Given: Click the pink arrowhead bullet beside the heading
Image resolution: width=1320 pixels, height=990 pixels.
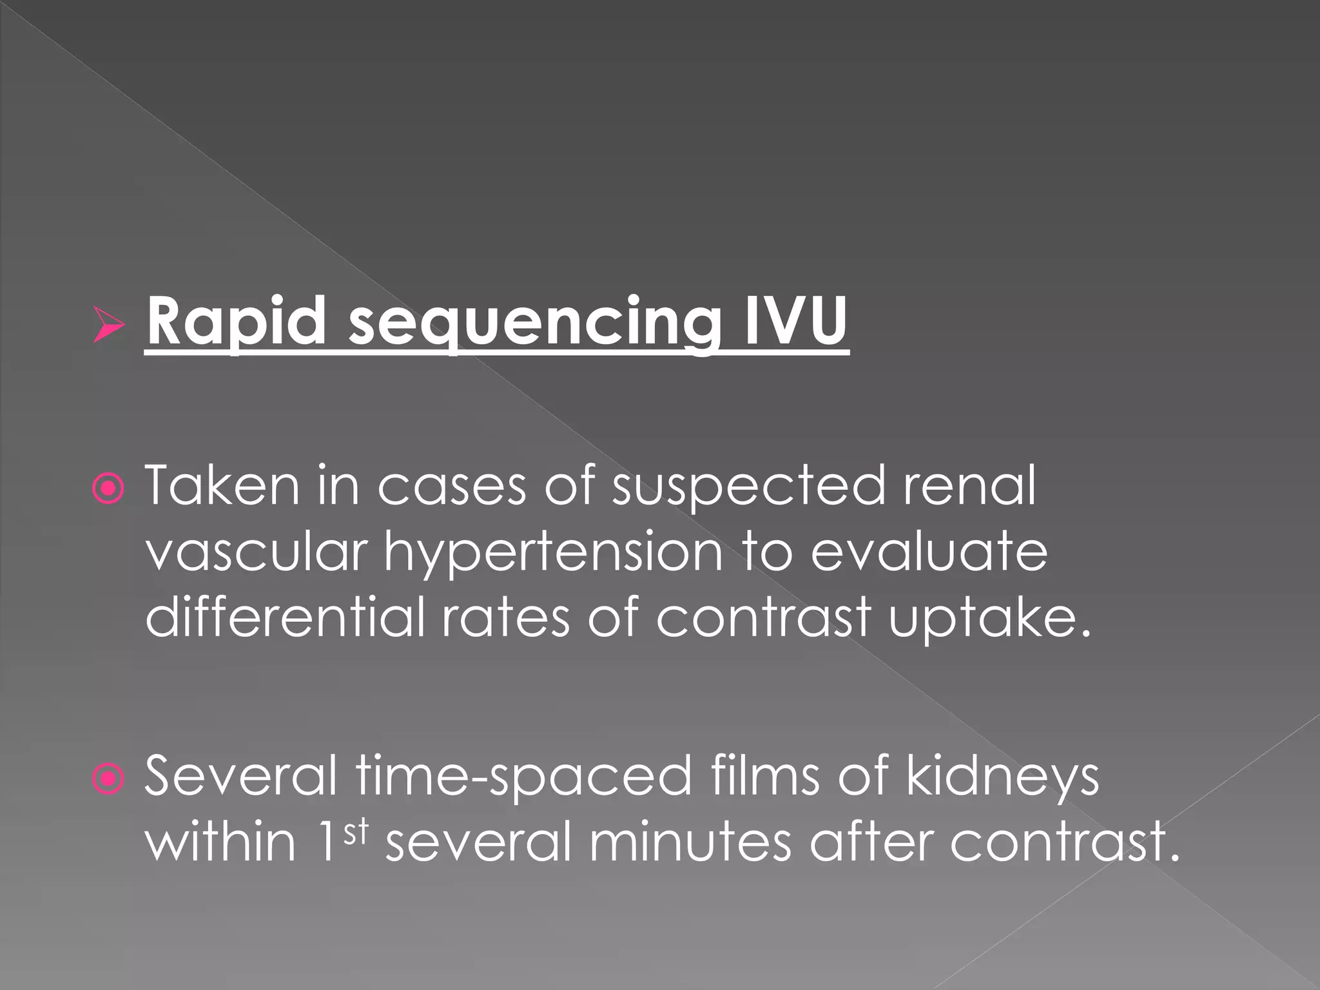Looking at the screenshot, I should click(x=108, y=324).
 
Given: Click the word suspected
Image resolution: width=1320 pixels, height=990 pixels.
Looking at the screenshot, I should click(x=748, y=488).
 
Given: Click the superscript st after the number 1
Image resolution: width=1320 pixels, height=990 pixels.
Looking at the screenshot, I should click(x=355, y=832).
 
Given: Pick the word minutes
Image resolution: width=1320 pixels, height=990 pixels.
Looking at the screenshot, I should click(x=690, y=842).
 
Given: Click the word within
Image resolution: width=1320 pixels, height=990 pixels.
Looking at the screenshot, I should click(x=220, y=842).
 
